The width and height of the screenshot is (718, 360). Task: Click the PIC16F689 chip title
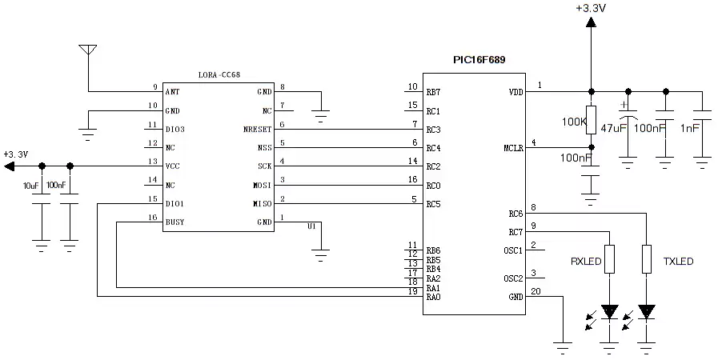pos(479,60)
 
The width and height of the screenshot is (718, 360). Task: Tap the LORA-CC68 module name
pos(219,74)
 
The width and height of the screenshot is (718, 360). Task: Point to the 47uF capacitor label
pos(613,126)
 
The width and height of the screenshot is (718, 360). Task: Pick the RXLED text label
pos(586,262)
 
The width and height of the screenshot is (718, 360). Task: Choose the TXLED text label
pos(678,262)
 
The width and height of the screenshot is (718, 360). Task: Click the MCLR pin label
pos(512,148)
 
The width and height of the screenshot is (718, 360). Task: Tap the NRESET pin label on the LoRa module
pos(257,130)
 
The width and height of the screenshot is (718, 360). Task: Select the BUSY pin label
pos(175,222)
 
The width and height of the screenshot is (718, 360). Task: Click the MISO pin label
pos(262,204)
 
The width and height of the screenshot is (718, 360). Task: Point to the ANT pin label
pos(172,93)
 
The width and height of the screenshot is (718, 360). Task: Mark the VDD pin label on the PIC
pos(515,93)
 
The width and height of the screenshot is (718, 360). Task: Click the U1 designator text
pos(312,226)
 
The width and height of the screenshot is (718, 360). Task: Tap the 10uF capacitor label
pos(31,186)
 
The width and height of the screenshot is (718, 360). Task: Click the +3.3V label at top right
pos(590,8)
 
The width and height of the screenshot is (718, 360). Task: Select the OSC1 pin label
pos(514,250)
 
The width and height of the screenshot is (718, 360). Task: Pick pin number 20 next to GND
pos(535,291)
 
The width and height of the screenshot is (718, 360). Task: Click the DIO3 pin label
pos(174,130)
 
